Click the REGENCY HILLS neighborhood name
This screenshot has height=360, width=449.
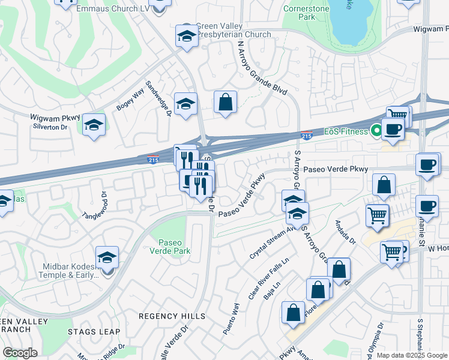[172, 316]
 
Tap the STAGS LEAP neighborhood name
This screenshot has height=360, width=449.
[94, 332]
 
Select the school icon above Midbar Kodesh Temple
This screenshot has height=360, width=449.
[107, 259]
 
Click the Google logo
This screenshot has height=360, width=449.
[20, 353]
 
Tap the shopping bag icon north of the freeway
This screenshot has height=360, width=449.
[226, 103]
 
